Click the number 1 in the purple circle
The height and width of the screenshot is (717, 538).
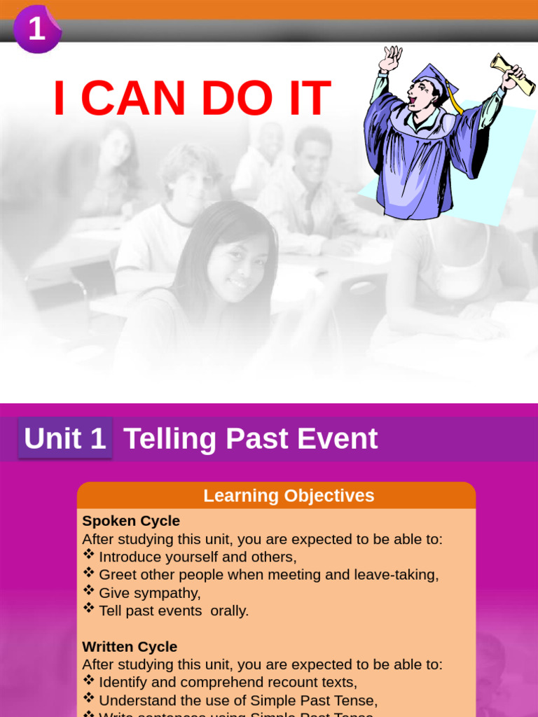tap(36, 29)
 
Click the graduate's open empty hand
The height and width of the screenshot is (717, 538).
tap(390, 57)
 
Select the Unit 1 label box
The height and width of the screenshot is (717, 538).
tap(65, 439)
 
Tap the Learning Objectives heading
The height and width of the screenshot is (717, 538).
tap(289, 496)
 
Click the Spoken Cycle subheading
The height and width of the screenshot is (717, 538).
tap(131, 521)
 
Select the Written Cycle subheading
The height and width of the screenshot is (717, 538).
tap(130, 646)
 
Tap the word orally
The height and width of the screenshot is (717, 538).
tap(229, 611)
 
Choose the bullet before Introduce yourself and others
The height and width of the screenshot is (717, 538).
tap(89, 555)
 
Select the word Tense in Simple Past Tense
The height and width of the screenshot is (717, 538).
tap(354, 700)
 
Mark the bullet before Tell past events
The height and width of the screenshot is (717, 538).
tap(89, 608)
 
